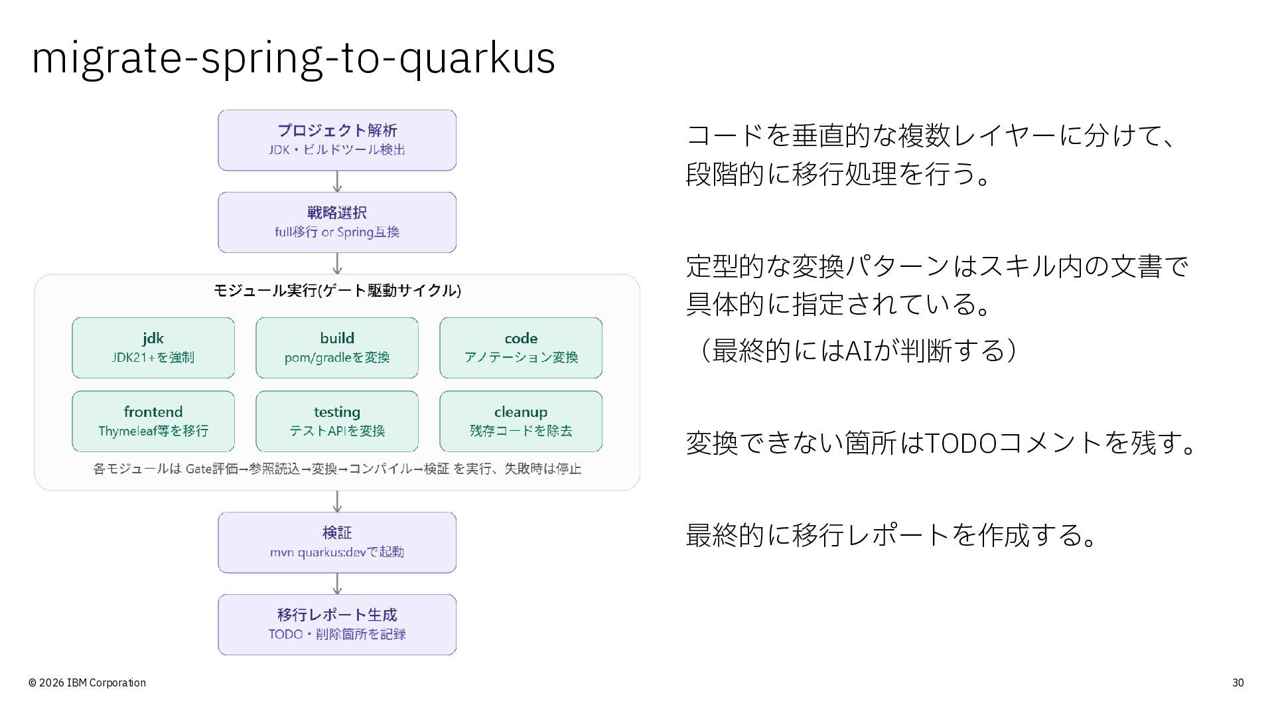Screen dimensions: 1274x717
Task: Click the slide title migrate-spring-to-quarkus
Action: tap(293, 58)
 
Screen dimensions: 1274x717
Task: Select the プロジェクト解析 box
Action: tap(337, 140)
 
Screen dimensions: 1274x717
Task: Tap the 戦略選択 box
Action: tap(337, 222)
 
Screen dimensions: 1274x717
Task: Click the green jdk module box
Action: tap(153, 348)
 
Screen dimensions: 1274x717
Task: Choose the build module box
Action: tap(337, 348)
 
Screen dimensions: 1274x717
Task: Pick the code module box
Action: tap(521, 348)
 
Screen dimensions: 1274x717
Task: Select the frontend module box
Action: tap(153, 422)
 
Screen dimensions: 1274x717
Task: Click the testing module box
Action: tap(337, 422)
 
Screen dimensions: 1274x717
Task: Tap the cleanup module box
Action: tap(521, 422)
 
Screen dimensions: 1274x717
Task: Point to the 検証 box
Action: tap(337, 542)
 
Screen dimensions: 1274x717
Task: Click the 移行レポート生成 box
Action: tap(337, 625)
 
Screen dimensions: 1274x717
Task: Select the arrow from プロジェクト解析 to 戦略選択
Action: tap(337, 182)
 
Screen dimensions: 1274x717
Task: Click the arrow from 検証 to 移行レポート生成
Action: tap(337, 584)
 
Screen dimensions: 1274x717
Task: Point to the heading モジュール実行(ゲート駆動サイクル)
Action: tap(337, 291)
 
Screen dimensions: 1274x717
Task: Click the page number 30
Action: tap(1238, 682)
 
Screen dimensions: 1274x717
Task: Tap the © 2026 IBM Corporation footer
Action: tap(87, 682)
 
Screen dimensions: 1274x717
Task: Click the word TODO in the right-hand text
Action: tap(960, 443)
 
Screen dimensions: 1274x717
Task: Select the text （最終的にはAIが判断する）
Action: tap(851, 350)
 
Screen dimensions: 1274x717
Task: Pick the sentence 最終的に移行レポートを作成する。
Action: tap(890, 534)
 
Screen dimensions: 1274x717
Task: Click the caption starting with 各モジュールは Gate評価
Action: tap(337, 469)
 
